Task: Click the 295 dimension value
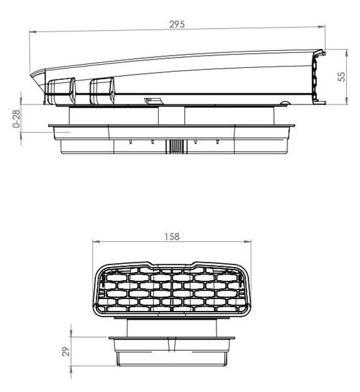pos(177,24)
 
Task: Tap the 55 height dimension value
pos(342,76)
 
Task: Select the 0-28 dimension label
pos(16,119)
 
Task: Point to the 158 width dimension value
pos(172,237)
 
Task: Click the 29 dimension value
pos(66,351)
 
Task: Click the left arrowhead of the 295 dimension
pos(33,32)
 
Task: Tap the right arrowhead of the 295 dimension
pos(321,27)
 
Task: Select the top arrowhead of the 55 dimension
pos(347,53)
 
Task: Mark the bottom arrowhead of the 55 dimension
pos(347,101)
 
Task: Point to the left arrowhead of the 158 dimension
pos(96,242)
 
